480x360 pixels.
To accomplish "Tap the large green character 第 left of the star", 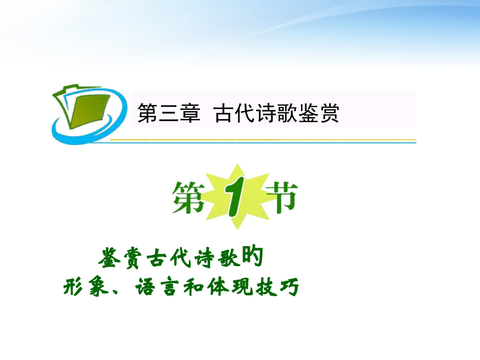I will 188,198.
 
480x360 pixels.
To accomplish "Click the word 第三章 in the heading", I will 169,113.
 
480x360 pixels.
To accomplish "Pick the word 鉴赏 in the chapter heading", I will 318,113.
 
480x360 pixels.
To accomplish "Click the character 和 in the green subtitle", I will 194,287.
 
